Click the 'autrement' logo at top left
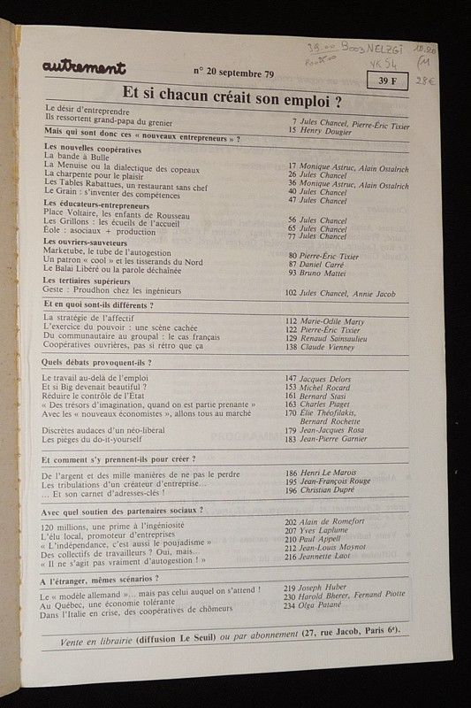pyautogui.click(x=83, y=67)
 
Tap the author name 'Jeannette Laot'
pyautogui.click(x=326, y=559)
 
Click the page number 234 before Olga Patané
pyautogui.click(x=289, y=608)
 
